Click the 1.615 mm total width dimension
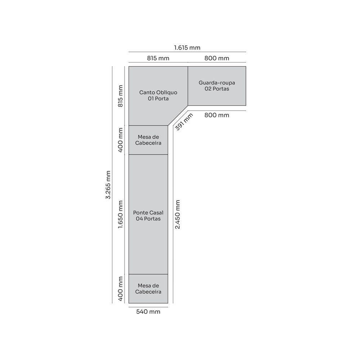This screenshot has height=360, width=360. tap(187, 48)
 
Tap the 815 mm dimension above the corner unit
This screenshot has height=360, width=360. tap(158, 58)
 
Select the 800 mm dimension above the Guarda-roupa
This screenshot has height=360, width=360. tap(217, 58)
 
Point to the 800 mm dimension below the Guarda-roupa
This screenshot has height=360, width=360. tap(217, 115)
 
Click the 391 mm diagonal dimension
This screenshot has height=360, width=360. tap(184, 122)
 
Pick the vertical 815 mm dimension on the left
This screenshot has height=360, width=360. tap(121, 96)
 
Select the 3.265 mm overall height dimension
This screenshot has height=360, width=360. tap(108, 185)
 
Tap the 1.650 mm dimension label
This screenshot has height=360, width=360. tap(121, 215)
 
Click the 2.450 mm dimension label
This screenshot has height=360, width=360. tap(177, 215)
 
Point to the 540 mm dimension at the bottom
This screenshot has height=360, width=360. tap(148, 312)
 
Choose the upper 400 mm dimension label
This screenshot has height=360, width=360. tap(121, 140)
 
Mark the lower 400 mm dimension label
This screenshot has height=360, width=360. tap(121, 289)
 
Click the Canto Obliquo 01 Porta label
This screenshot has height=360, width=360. tap(158, 95)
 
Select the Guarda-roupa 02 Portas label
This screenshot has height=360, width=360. tap(217, 86)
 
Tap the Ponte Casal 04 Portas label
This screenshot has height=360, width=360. tap(148, 216)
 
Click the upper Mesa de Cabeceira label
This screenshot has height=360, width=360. tap(148, 140)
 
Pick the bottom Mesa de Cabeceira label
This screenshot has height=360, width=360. tap(148, 289)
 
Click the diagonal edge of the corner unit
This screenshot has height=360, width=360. tap(178, 116)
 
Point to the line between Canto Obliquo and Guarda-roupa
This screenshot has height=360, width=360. tap(188, 86)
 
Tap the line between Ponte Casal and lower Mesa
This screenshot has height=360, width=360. tap(148, 274)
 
